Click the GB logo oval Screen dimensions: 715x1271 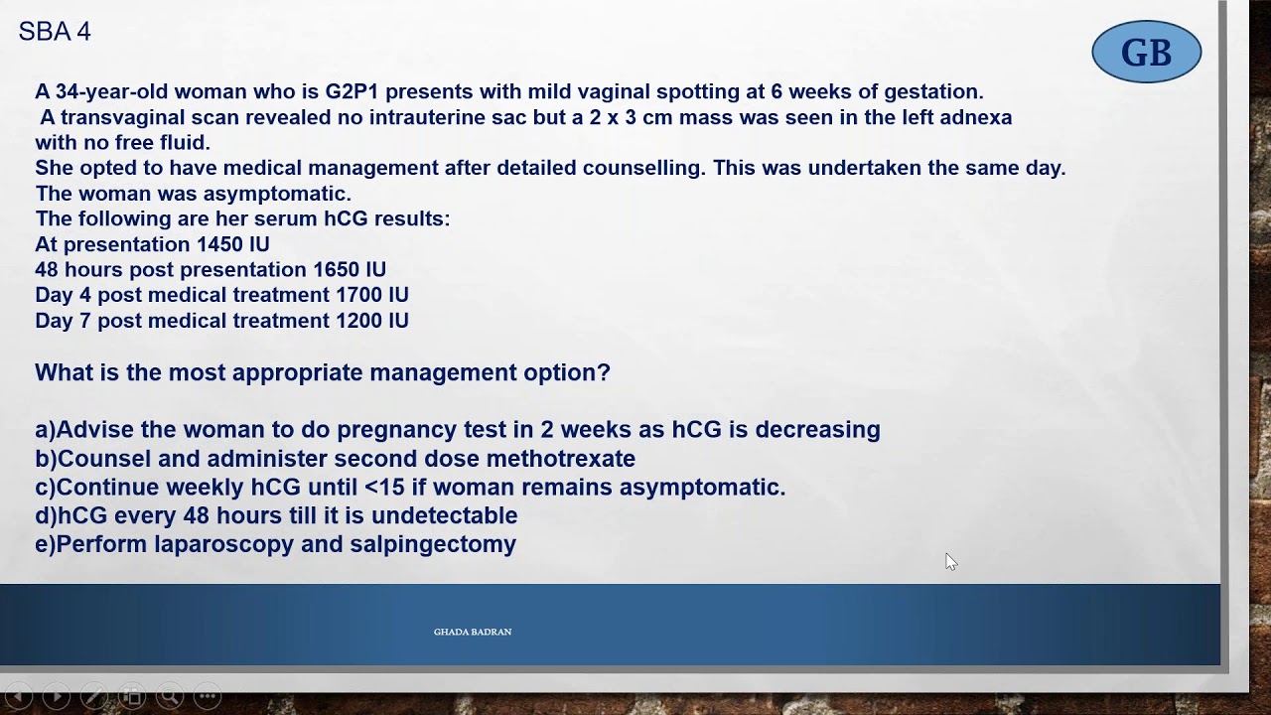point(1146,52)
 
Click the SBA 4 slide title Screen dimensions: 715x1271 point(55,32)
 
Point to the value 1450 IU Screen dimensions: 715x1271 point(232,244)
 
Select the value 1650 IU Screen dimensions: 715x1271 point(349,270)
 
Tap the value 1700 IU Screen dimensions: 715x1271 point(371,295)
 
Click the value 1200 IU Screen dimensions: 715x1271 point(371,321)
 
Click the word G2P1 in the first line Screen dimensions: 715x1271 point(352,92)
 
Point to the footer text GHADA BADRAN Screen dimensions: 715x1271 point(472,632)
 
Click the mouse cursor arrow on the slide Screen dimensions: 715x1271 point(950,562)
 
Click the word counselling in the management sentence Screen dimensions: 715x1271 point(642,168)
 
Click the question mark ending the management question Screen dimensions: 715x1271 point(604,372)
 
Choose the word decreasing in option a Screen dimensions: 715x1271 point(817,430)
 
